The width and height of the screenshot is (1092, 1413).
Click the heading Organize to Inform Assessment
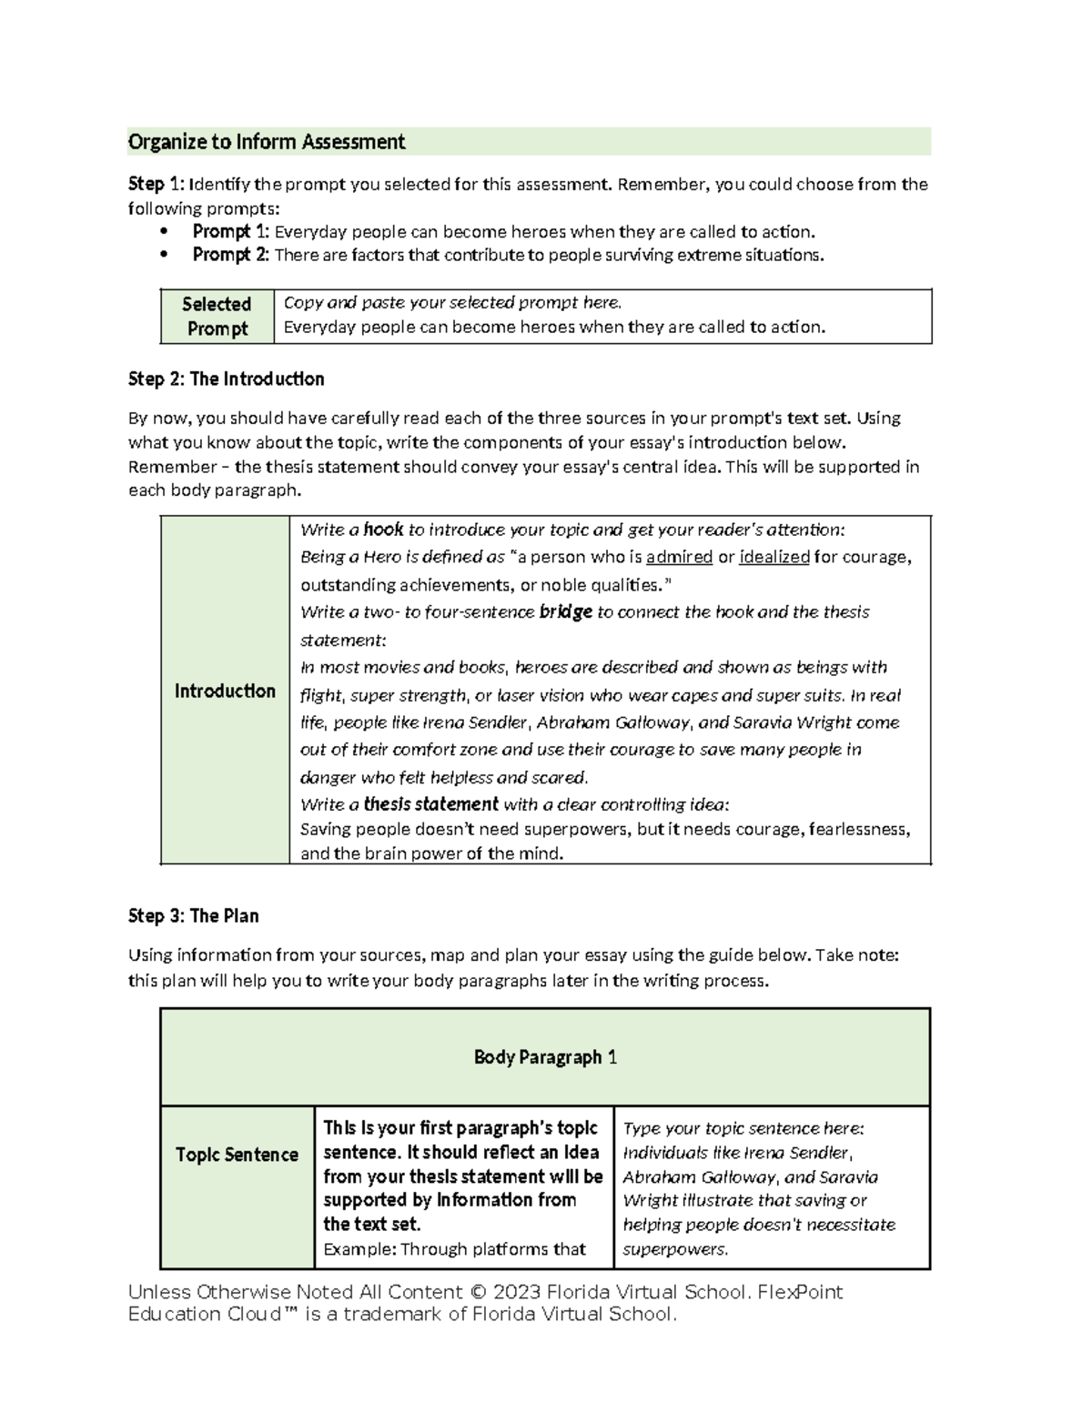coord(266,142)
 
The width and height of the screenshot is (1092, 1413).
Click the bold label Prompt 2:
coord(230,255)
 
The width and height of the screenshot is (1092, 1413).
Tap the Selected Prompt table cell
coord(217,317)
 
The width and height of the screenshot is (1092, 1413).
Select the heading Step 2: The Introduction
coord(226,378)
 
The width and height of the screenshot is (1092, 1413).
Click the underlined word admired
coord(679,557)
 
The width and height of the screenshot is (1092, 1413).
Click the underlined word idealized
coord(773,557)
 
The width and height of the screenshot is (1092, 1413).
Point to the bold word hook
coord(382,530)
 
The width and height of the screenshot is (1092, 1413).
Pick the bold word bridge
coord(565,612)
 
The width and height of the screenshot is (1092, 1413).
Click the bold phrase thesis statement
coord(430,804)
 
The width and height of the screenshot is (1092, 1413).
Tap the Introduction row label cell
coord(225,691)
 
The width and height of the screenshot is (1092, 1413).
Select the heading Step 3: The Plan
coord(193,916)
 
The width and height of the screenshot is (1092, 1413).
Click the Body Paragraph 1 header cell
coord(545,1057)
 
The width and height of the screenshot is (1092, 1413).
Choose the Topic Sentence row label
coord(237,1155)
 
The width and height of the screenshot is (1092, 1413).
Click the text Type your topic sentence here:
coord(743,1128)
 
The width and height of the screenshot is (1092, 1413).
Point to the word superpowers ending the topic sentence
coord(674,1249)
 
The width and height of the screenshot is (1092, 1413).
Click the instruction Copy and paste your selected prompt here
coord(452,303)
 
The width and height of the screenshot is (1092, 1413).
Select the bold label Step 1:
coord(147,185)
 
